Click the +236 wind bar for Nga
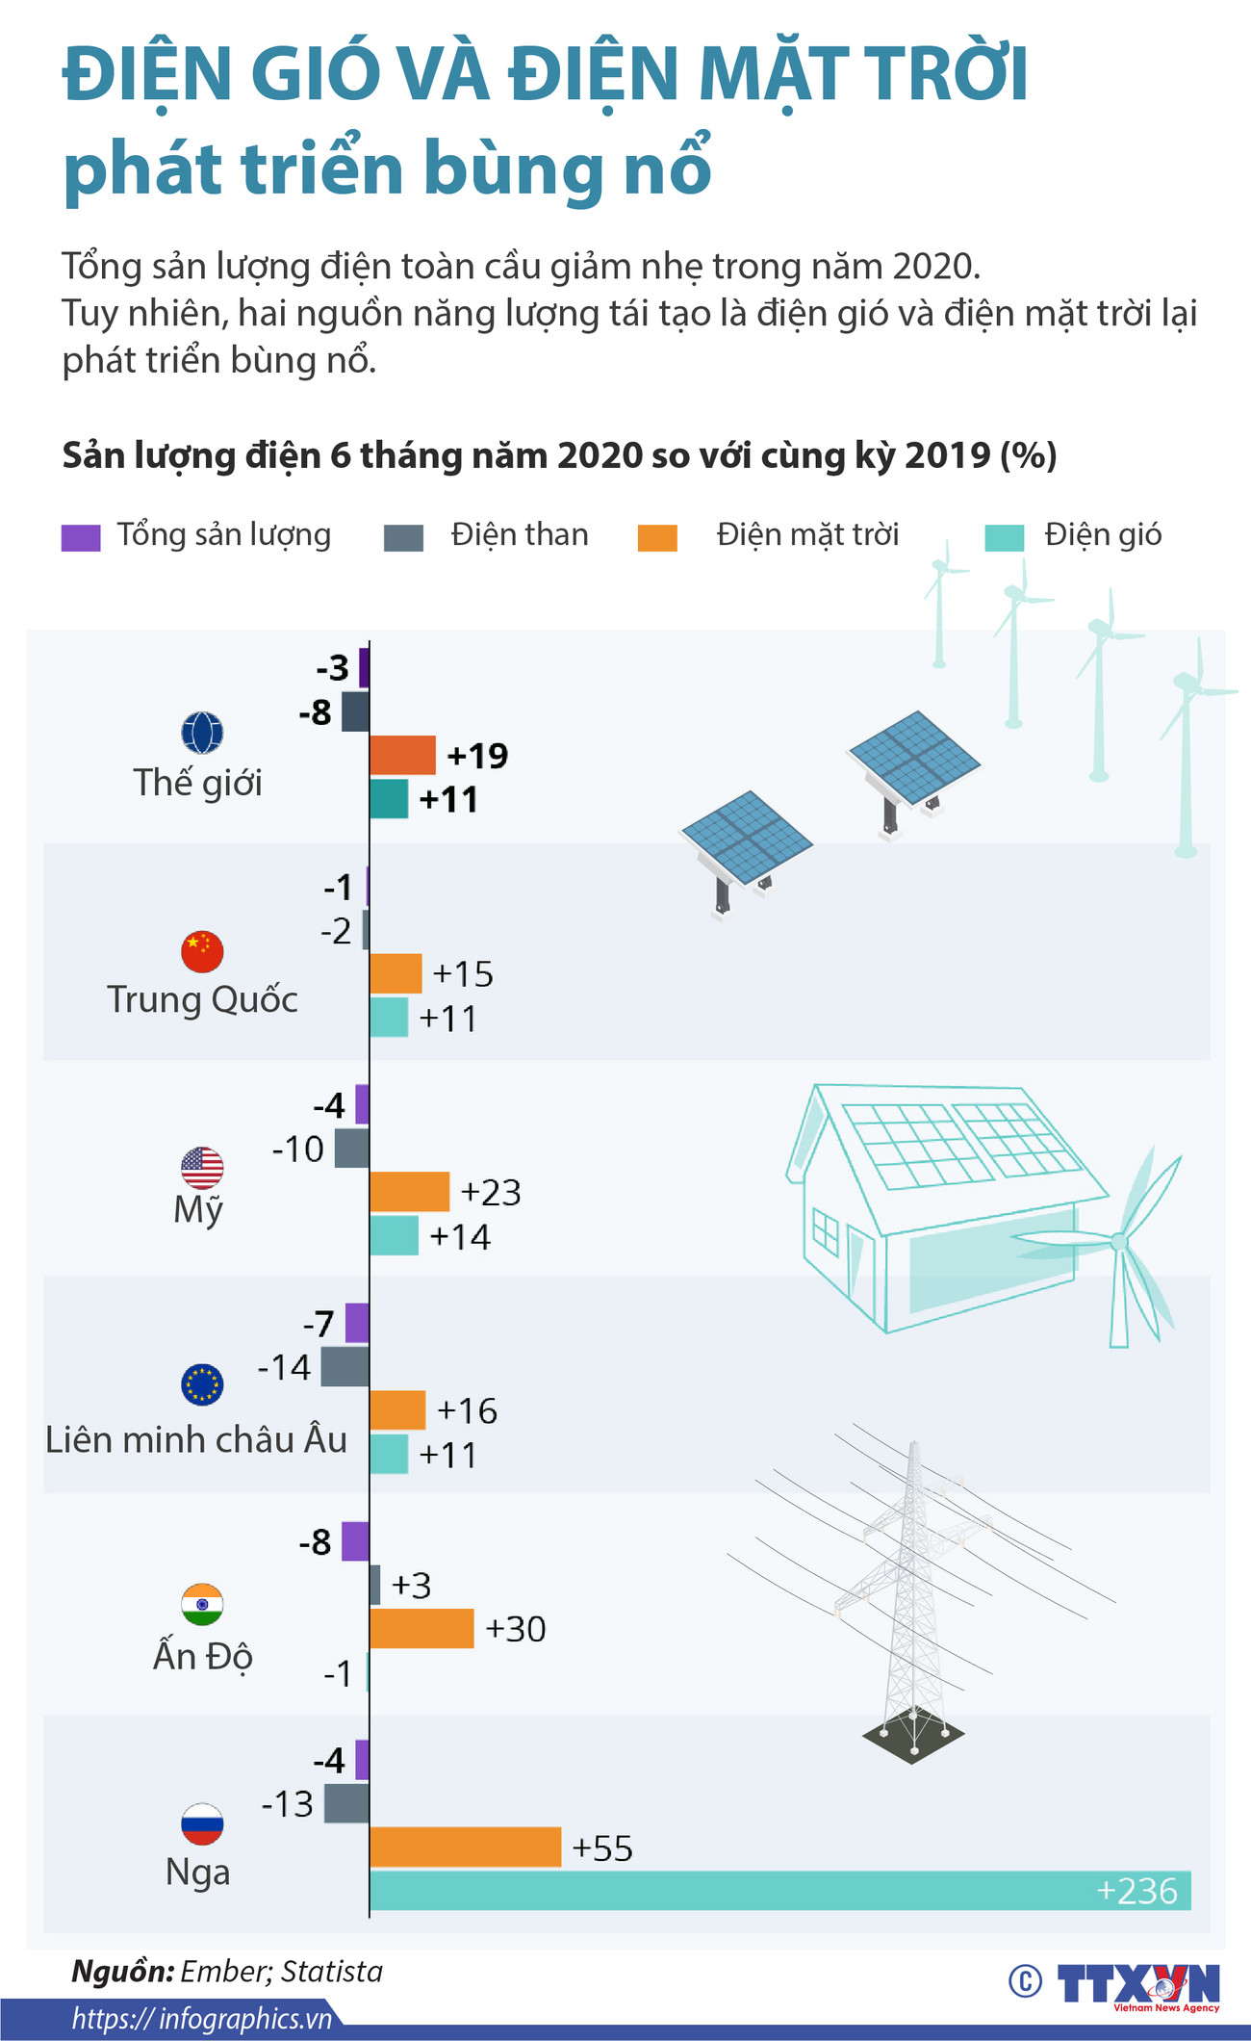(x=779, y=1890)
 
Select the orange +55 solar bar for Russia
(x=465, y=1846)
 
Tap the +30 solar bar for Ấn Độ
(x=421, y=1628)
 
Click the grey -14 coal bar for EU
(x=345, y=1366)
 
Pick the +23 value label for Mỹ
(x=491, y=1192)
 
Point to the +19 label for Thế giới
(x=477, y=756)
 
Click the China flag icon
(x=202, y=951)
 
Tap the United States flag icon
(x=202, y=1168)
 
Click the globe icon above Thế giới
(x=202, y=733)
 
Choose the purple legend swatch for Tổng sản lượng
(x=81, y=537)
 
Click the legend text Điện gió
(x=1103, y=534)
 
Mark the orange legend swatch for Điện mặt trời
(x=657, y=537)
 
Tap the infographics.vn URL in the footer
(x=201, y=2019)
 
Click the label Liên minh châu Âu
(x=196, y=1439)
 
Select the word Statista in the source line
(x=332, y=1971)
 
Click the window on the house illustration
(x=826, y=1230)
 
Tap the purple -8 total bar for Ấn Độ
(x=355, y=1541)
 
